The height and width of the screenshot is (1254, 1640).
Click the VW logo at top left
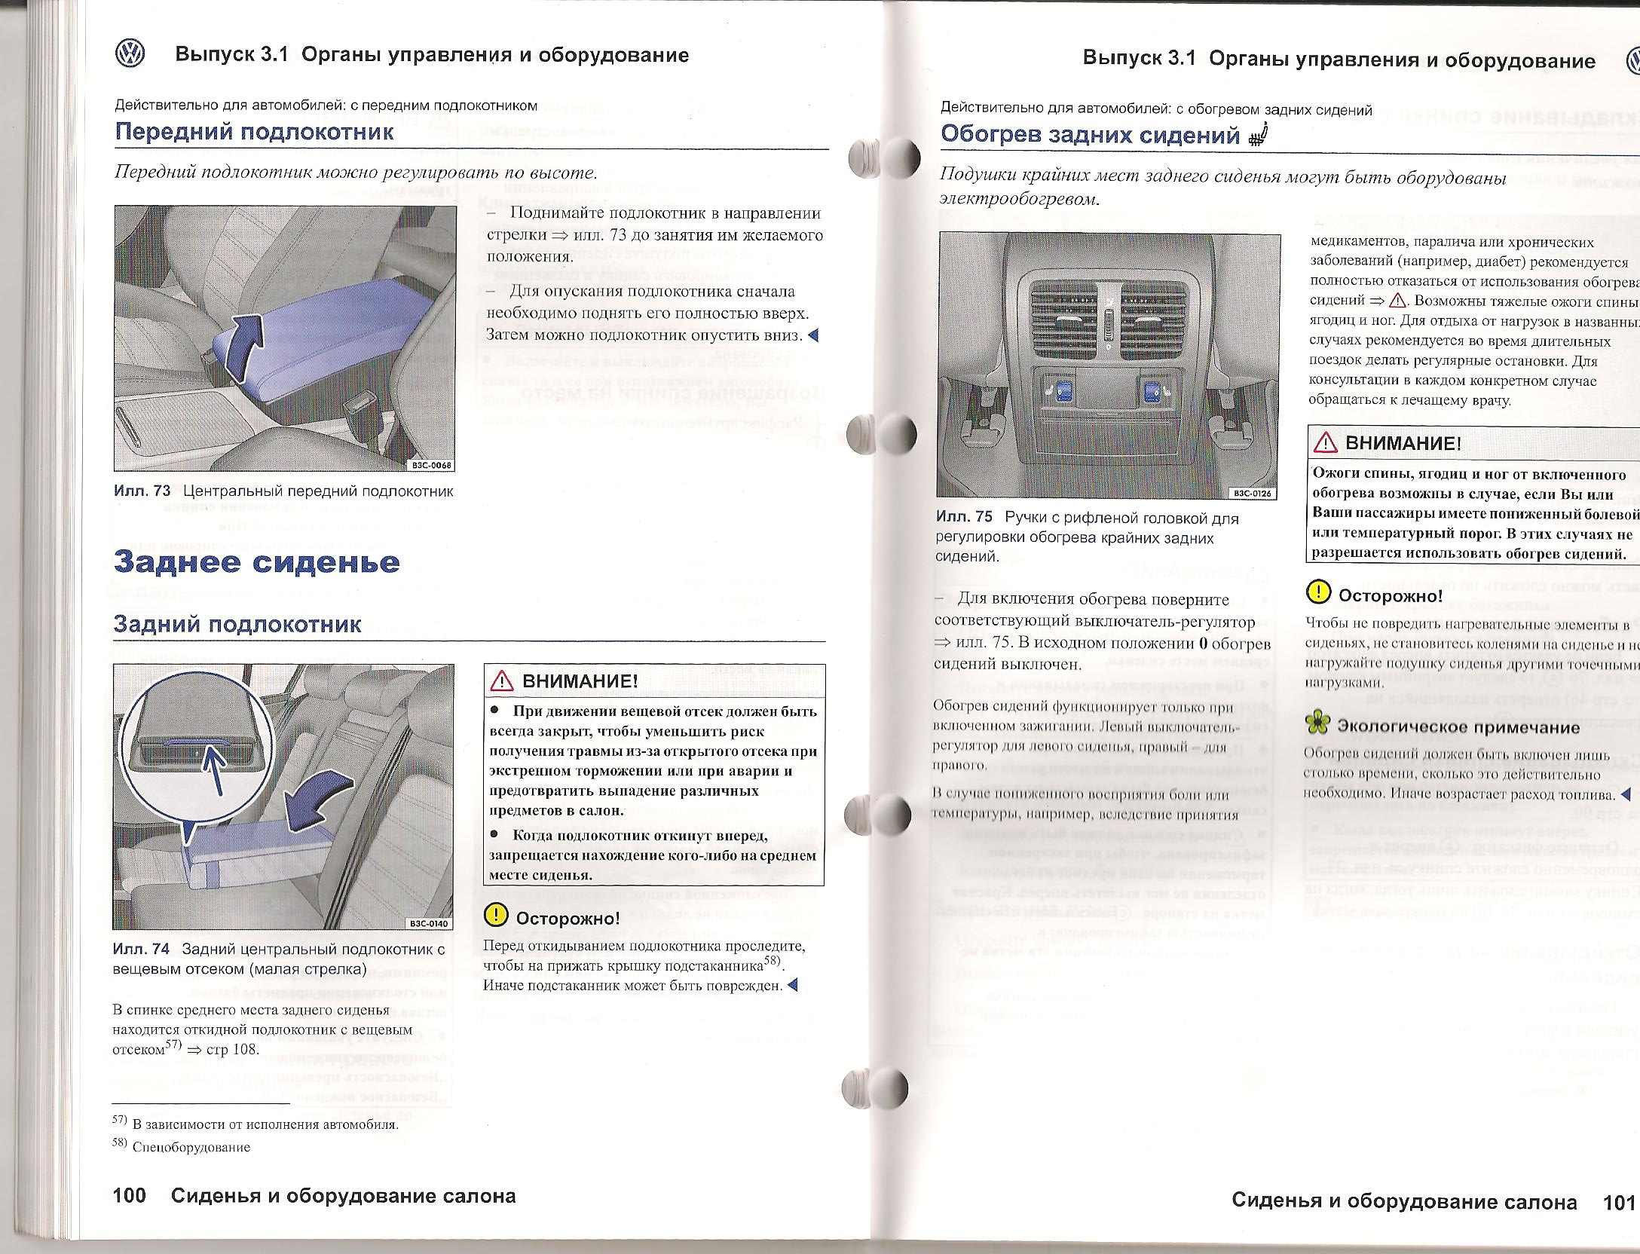[x=130, y=55]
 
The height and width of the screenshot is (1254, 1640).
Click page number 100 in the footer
[x=129, y=1196]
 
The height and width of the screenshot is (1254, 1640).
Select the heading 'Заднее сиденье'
[x=257, y=562]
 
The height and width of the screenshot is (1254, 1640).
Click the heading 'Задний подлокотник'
[x=237, y=624]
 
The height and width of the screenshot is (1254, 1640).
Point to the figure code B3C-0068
[x=431, y=465]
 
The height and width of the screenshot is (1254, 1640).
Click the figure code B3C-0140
[x=429, y=923]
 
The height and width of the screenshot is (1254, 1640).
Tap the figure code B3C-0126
[x=1252, y=494]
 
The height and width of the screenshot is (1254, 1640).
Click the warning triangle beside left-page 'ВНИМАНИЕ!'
[x=501, y=681]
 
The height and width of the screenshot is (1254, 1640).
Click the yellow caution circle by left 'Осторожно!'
[x=496, y=915]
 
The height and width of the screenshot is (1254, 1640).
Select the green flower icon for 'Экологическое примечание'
[x=1317, y=723]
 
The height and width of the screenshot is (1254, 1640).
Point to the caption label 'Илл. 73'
[x=142, y=491]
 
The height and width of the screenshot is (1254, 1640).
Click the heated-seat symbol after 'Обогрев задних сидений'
[x=1259, y=136]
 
